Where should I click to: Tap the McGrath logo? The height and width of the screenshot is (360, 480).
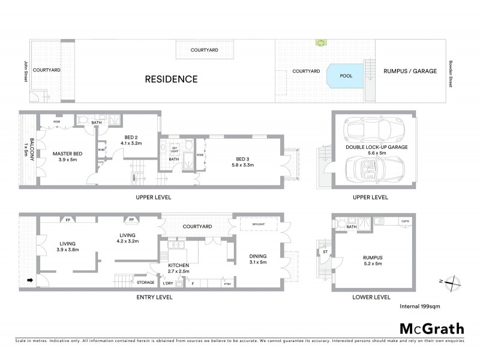coord(431,328)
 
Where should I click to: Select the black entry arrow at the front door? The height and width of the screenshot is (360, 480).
coord(28,280)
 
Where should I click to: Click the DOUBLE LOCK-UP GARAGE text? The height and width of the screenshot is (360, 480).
coord(376,147)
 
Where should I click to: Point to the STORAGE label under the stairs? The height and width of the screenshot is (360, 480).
coord(145,282)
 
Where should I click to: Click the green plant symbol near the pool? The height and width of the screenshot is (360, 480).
coord(320,43)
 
